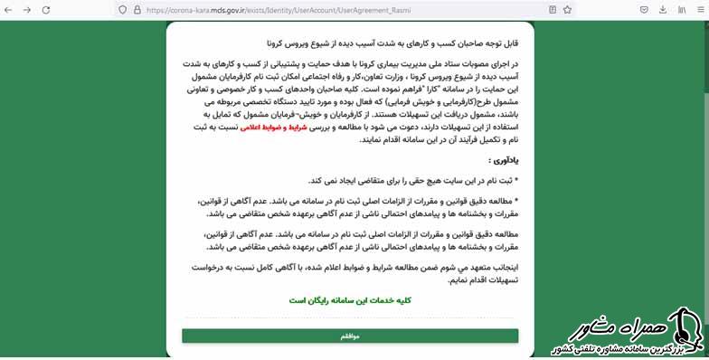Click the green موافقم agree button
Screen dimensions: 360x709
(349, 336)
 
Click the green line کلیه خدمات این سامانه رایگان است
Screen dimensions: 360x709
(350, 299)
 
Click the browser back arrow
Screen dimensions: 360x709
(9, 10)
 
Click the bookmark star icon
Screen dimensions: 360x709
(566, 10)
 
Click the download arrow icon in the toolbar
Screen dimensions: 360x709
(662, 10)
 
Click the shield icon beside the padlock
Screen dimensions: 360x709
(122, 10)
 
